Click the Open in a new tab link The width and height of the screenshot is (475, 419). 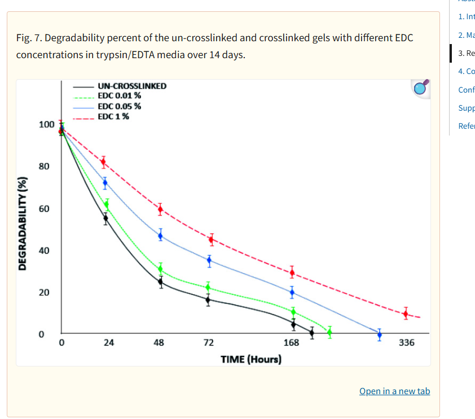click(x=394, y=391)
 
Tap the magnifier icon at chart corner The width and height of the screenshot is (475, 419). click(x=420, y=87)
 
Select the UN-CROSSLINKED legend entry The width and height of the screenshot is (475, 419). click(x=132, y=86)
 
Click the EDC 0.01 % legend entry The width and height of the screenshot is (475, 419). click(x=119, y=96)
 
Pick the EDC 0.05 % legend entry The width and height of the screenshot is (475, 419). click(x=119, y=106)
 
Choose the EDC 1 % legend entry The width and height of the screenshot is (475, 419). click(x=113, y=117)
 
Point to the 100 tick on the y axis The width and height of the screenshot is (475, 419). click(x=47, y=124)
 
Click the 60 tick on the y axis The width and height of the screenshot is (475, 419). click(x=45, y=209)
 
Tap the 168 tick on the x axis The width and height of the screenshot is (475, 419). click(x=291, y=343)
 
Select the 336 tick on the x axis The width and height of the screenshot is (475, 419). click(x=406, y=343)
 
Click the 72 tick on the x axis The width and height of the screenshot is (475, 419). click(x=208, y=343)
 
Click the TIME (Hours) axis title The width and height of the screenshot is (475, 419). click(x=251, y=359)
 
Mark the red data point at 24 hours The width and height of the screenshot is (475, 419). click(x=103, y=162)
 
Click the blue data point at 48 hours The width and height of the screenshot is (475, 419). click(x=160, y=236)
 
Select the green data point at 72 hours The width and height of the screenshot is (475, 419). click(x=208, y=287)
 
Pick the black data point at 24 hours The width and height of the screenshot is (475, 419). click(x=105, y=218)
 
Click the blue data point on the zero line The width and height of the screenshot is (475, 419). click(x=379, y=335)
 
